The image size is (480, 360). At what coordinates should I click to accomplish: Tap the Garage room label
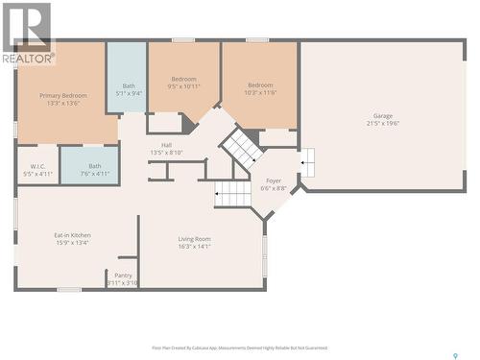point(382,116)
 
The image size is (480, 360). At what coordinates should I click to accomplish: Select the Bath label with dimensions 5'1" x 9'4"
point(129,85)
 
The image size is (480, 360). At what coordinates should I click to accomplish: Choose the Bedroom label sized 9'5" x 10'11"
point(184,79)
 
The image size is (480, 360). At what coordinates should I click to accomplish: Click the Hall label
point(166,145)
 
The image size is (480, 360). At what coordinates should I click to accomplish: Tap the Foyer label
point(274,180)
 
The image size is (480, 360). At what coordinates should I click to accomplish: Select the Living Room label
point(194,239)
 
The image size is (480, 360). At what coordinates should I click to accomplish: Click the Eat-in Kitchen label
point(73,234)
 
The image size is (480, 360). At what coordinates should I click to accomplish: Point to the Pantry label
point(123,275)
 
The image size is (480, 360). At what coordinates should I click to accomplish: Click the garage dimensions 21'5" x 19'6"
point(382,123)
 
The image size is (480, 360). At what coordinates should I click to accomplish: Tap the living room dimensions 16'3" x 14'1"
point(194,246)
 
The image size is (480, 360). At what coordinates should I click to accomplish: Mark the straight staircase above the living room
point(232,195)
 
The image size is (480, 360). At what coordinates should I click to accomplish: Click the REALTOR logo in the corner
point(27,34)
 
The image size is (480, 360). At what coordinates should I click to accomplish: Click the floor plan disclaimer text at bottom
point(239,348)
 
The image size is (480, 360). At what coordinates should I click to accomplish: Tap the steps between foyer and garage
point(306,163)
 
